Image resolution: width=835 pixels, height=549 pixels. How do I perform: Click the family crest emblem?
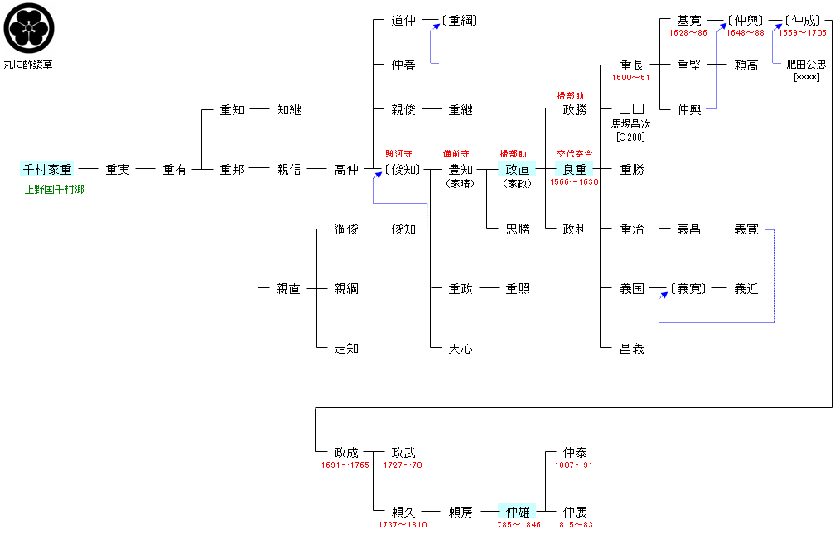coord(30,28)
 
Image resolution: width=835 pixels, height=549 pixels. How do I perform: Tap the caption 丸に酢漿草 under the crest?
coord(30,65)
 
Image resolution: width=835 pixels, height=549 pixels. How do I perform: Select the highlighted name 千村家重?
coord(46,169)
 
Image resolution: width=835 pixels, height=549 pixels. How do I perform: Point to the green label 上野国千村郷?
coord(55,190)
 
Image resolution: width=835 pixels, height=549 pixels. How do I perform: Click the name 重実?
coord(118,170)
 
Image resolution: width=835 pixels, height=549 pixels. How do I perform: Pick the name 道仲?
coord(403,21)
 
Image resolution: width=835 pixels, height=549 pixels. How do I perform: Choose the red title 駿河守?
coord(398,154)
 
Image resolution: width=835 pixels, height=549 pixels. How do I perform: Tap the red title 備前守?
coord(456,154)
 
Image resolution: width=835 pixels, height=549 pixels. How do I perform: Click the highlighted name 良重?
coord(575,169)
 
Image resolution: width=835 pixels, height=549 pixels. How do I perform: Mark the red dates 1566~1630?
coord(574,182)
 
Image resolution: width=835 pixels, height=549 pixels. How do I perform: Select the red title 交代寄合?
coord(575,154)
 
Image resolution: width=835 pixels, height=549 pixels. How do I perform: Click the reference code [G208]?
coord(631,136)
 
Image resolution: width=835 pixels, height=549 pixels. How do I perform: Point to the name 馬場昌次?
coord(631,124)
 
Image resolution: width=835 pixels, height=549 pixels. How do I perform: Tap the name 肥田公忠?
coord(806,65)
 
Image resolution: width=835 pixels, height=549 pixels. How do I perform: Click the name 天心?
coord(461,349)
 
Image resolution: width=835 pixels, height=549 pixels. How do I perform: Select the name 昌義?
coord(632,349)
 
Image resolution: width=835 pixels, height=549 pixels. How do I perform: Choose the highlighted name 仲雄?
coord(518,512)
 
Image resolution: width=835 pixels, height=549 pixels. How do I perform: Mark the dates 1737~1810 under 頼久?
coord(403,525)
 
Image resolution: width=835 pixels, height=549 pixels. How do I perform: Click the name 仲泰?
coord(575,453)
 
